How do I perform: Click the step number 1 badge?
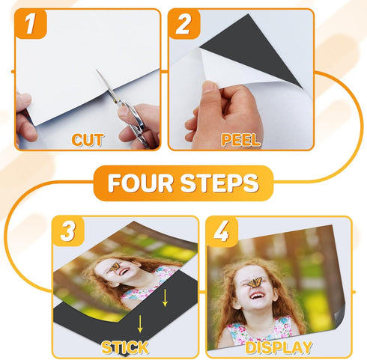[31, 25]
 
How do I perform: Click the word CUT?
[88, 139]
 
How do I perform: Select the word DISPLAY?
[279, 347]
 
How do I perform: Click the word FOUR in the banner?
[142, 183]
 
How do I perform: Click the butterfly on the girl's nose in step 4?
[254, 281]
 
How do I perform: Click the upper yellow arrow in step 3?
[166, 298]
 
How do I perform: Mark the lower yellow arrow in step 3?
[139, 324]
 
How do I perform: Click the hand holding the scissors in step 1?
[142, 123]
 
